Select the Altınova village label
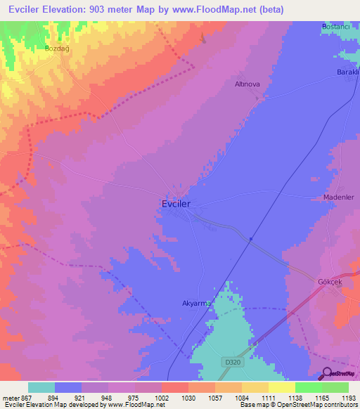pyautogui.click(x=247, y=84)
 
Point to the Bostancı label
pyautogui.click(x=336, y=26)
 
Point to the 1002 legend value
pyautogui.click(x=162, y=397)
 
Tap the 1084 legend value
pyautogui.click(x=241, y=397)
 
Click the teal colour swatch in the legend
pyautogui.click(x=41, y=387)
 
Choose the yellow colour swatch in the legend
pyautogui.click(x=282, y=387)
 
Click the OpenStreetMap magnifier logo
pyautogui.click(x=327, y=374)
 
